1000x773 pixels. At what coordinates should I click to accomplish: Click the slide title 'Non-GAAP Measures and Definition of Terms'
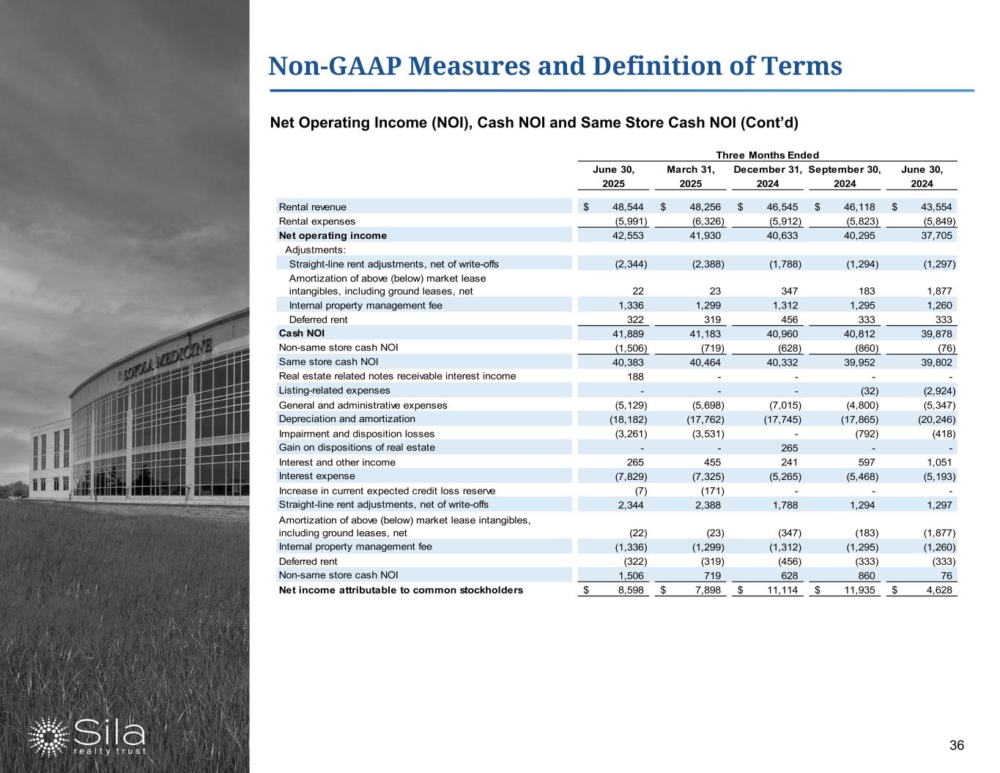point(555,66)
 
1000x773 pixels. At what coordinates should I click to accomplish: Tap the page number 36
point(956,746)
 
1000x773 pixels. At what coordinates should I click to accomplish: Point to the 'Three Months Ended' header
point(767,155)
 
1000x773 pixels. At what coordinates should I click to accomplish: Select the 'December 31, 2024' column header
point(767,177)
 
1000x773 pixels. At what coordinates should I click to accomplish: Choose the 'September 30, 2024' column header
point(844,177)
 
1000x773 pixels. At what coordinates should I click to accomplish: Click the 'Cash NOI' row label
point(296,333)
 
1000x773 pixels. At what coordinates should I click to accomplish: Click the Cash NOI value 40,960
point(783,334)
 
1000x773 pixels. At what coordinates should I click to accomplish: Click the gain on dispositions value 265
point(789,448)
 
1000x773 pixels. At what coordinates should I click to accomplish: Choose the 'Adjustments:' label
point(314,250)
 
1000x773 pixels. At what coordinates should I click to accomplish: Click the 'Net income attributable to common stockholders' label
point(401,590)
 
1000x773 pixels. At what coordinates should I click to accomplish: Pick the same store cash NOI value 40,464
point(706,362)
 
